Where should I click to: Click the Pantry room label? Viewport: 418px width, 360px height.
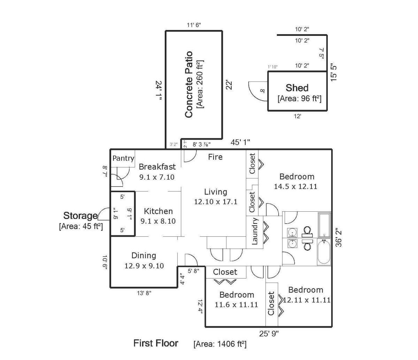123,158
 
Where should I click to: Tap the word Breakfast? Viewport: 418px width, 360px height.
157,167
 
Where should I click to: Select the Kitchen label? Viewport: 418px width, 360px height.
158,211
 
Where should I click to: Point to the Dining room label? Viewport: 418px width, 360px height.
144,256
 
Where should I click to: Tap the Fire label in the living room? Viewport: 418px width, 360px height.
215,157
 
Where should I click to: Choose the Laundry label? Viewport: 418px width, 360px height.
255,231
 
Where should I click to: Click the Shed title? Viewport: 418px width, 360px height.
297,88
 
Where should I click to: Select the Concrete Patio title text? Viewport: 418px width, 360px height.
189,84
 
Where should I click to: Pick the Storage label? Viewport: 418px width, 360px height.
80,216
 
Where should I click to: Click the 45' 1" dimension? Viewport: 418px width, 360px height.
240,142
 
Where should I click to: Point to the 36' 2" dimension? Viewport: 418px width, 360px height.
339,237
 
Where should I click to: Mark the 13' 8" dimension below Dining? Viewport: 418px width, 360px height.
144,293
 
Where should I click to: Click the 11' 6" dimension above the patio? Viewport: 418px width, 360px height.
194,25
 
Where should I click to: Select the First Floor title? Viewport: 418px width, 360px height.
156,343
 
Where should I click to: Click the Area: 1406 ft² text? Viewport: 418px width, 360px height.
220,344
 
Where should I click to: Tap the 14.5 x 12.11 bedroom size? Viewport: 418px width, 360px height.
295,186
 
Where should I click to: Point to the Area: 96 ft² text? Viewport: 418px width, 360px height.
300,99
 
